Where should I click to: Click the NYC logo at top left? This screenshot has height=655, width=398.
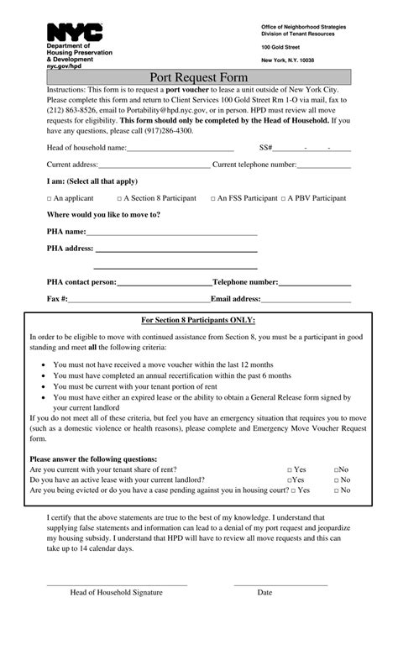[75, 33]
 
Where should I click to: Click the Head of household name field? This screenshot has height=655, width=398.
[180, 148]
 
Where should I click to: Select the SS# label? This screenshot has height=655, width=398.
[266, 147]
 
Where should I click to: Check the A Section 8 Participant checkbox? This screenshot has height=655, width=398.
[118, 198]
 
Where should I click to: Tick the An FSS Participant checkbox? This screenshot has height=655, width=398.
[212, 198]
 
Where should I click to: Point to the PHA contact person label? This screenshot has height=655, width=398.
[81, 282]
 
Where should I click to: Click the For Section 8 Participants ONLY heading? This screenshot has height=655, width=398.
[198, 320]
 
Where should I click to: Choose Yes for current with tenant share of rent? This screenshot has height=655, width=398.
[289, 470]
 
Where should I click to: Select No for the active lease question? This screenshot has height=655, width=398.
[337, 479]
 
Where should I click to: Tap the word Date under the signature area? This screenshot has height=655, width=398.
[264, 592]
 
